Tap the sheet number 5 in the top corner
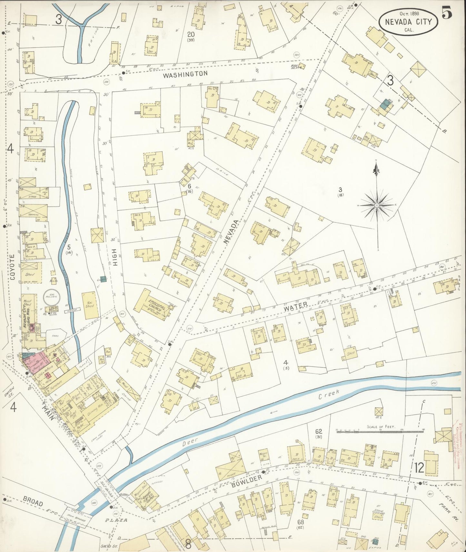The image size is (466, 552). tap(447, 13)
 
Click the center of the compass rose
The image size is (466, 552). tap(377, 205)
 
